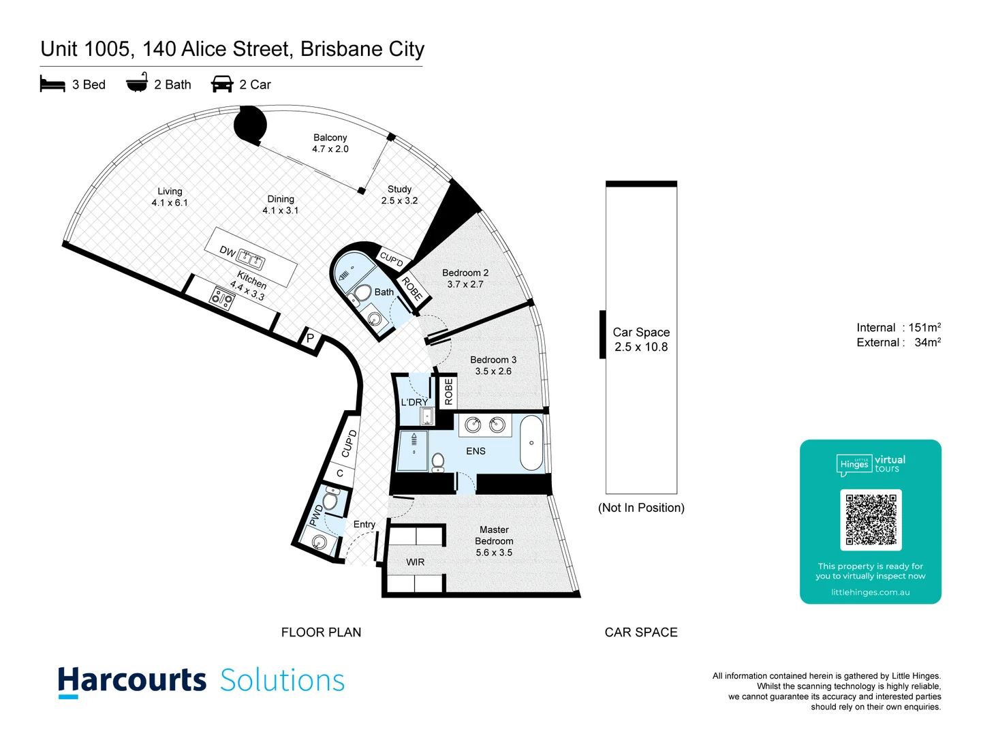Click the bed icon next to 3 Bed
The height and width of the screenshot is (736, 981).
click(x=52, y=84)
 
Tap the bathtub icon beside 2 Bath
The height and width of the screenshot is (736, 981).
click(x=137, y=82)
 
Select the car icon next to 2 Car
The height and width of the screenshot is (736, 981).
click(x=222, y=84)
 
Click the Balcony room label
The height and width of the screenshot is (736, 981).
click(x=330, y=138)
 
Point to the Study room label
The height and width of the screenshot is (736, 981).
click(x=399, y=189)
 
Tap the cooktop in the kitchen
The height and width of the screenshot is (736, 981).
click(x=221, y=298)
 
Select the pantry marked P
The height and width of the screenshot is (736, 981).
click(x=310, y=338)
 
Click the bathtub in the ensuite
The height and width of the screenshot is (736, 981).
click(x=531, y=442)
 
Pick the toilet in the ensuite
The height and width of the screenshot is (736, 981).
click(x=438, y=462)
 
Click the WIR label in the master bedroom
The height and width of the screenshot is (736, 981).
click(x=415, y=562)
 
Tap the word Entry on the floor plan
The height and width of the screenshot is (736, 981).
click(x=364, y=524)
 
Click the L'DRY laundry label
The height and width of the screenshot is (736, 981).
click(x=414, y=402)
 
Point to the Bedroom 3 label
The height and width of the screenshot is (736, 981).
click(x=493, y=360)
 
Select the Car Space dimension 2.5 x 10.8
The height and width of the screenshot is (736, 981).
click(x=641, y=347)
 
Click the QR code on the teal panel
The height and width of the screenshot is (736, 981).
click(x=871, y=519)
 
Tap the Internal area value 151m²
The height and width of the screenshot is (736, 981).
click(x=924, y=328)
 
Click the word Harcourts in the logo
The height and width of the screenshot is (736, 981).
click(x=132, y=680)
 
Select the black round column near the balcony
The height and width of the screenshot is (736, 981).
click(x=250, y=124)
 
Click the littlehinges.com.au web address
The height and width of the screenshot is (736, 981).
click(x=870, y=592)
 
